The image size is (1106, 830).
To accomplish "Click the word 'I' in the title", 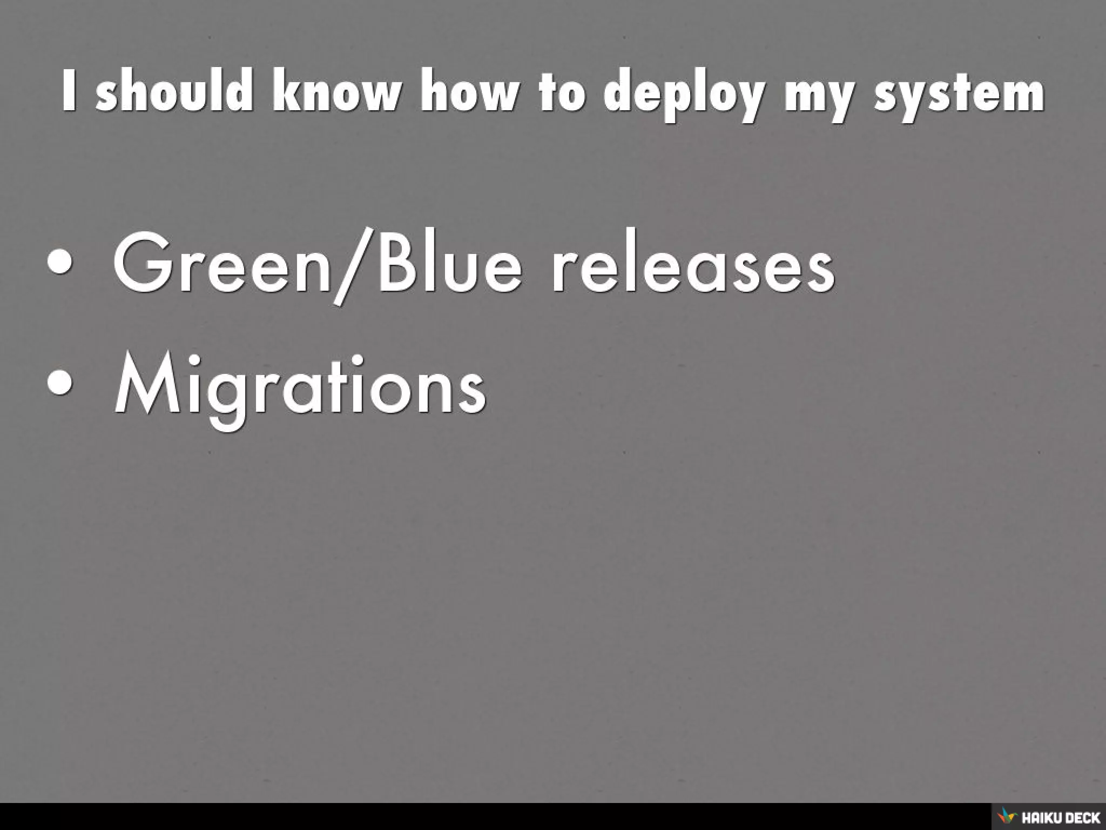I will pos(69,93).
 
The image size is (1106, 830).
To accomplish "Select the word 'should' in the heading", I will pos(174,93).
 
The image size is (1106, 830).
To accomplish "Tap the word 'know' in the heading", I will pos(337,93).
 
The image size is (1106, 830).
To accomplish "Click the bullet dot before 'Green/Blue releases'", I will pos(59,263).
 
